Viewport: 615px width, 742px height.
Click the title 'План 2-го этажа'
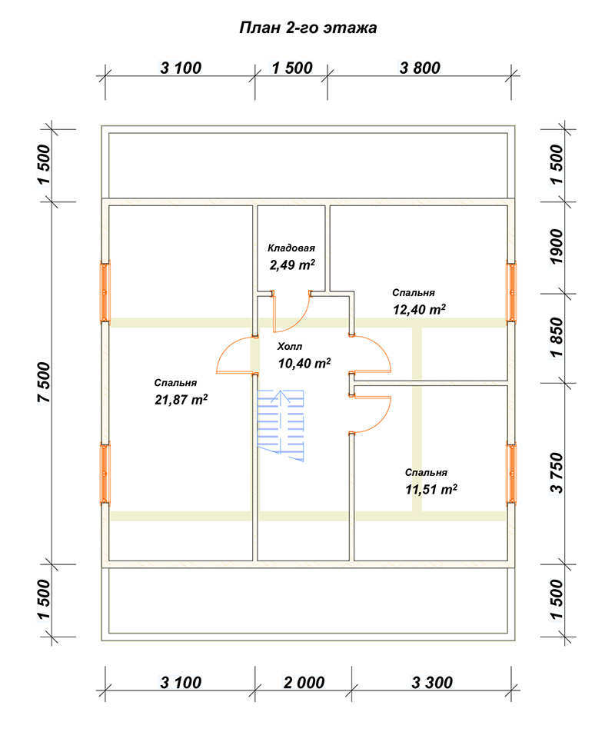pyautogui.click(x=308, y=28)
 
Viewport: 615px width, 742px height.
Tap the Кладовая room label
pyautogui.click(x=291, y=248)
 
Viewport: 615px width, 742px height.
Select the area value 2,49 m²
pyautogui.click(x=292, y=264)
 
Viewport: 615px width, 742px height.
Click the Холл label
pyautogui.click(x=290, y=347)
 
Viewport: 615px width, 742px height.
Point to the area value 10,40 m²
pyautogui.click(x=304, y=363)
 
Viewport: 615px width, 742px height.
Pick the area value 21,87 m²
pyautogui.click(x=181, y=399)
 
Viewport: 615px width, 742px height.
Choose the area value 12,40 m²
pyautogui.click(x=419, y=309)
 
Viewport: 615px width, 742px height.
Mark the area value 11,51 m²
pyautogui.click(x=431, y=489)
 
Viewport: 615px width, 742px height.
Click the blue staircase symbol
pyautogui.click(x=281, y=425)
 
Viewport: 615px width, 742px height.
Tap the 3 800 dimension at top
pyautogui.click(x=420, y=68)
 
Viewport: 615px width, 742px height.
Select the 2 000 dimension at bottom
pyautogui.click(x=304, y=683)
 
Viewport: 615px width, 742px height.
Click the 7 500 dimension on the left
pyautogui.click(x=44, y=382)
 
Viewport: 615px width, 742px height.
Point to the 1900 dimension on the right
pyautogui.click(x=557, y=247)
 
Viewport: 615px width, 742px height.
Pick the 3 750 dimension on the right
pyautogui.click(x=557, y=473)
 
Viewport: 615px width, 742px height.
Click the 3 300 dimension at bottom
pyautogui.click(x=432, y=683)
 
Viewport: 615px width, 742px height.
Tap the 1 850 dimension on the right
pyautogui.click(x=557, y=338)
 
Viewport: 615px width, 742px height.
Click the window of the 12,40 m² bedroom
pyautogui.click(x=511, y=292)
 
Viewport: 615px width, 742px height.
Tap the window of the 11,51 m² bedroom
pyautogui.click(x=511, y=473)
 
